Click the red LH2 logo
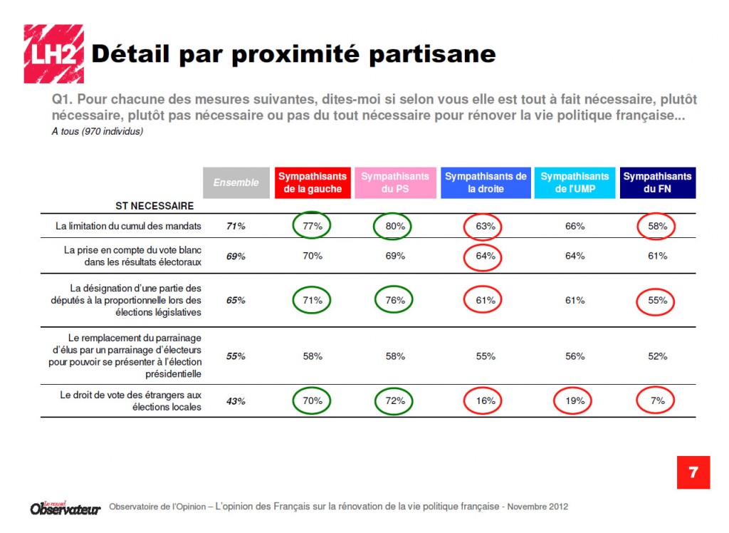click(53, 54)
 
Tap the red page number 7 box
click(693, 472)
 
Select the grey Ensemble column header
click(236, 182)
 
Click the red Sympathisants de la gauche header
click(312, 182)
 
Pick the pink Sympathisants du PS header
click(395, 182)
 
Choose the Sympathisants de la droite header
click(486, 182)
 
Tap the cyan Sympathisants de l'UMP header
click(575, 182)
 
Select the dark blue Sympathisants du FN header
click(658, 182)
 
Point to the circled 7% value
click(658, 400)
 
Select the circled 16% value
click(486, 400)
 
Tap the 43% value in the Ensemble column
click(236, 401)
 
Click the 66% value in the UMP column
click(575, 226)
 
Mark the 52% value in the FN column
click(658, 356)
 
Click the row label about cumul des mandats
click(128, 226)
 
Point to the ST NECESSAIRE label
click(154, 206)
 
